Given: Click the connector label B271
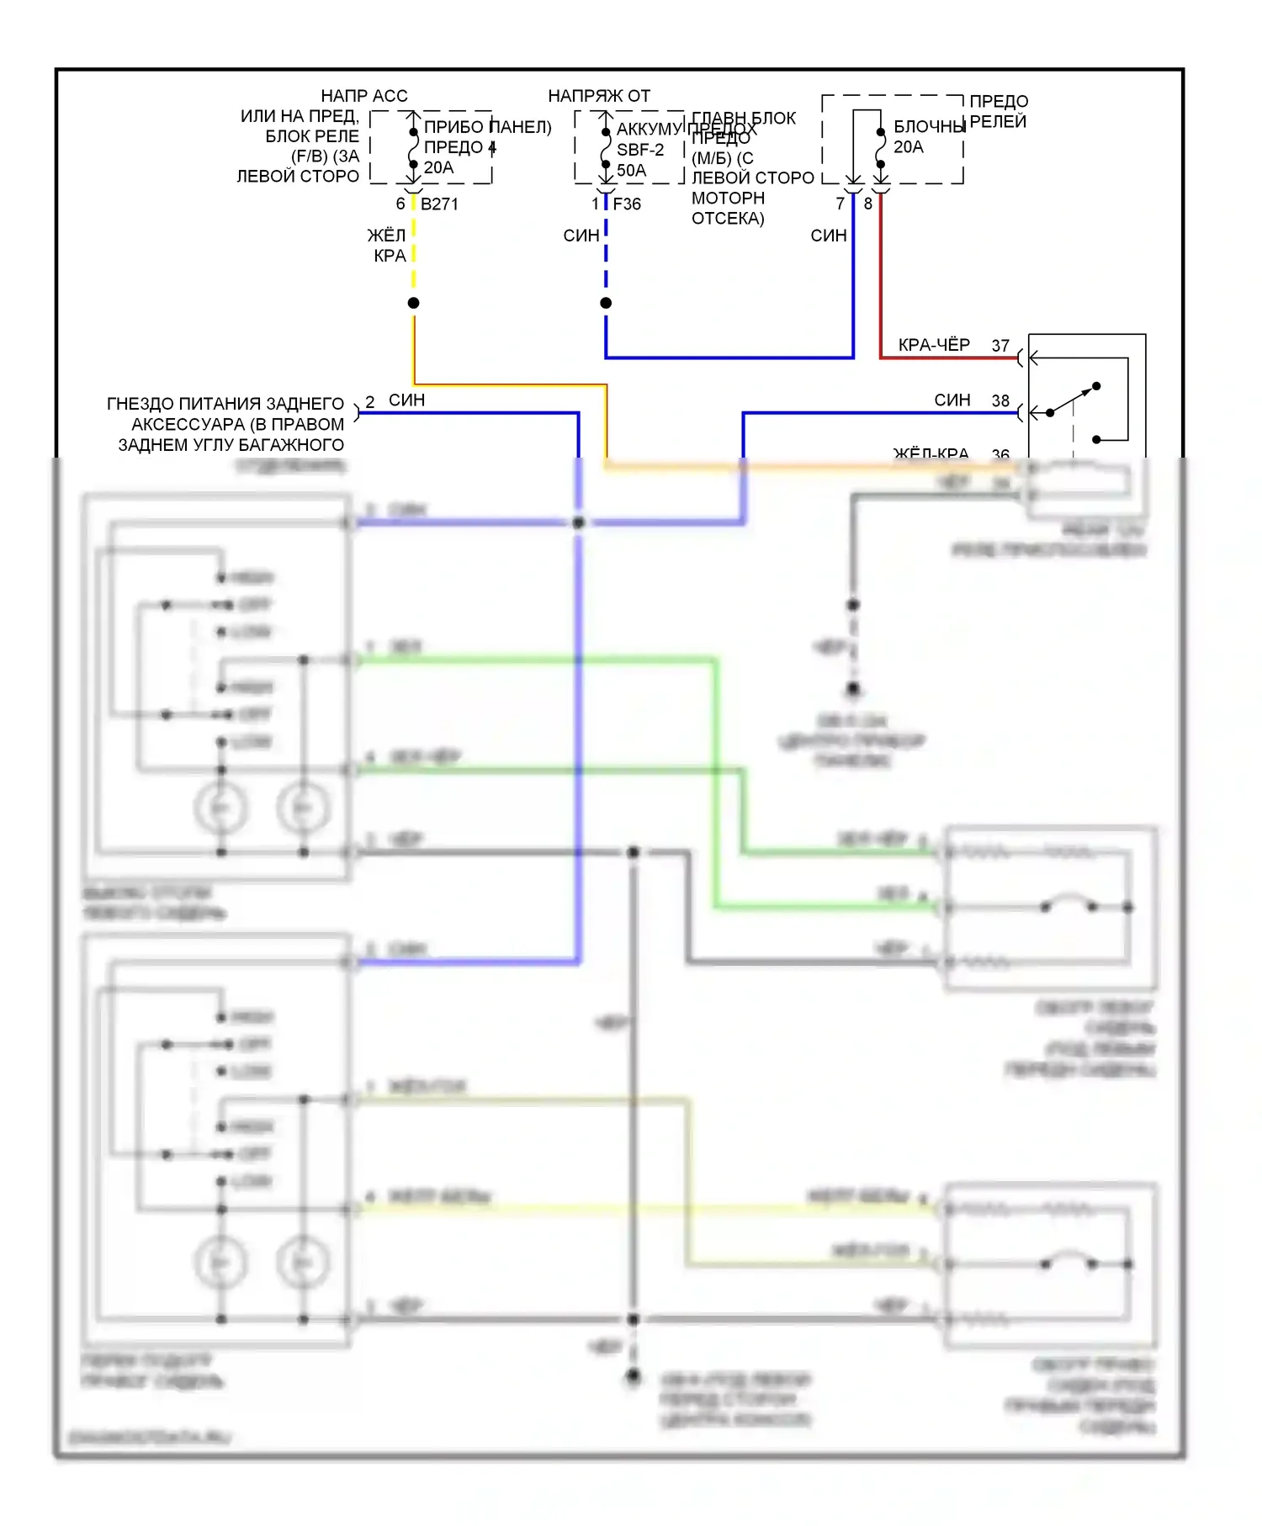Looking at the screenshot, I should click(x=439, y=204).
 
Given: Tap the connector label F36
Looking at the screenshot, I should click(x=627, y=204).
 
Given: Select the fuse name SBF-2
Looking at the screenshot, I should click(x=640, y=150).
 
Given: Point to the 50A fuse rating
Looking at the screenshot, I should click(x=631, y=170).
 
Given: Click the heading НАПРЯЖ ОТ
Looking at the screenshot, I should click(x=599, y=96).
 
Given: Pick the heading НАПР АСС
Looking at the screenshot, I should click(x=364, y=96).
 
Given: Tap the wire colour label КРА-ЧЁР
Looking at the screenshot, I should click(x=934, y=345).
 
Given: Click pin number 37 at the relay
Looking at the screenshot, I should click(x=1000, y=346).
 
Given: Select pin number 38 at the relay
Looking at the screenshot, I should click(x=1000, y=401).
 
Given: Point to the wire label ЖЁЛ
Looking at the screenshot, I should click(x=386, y=236).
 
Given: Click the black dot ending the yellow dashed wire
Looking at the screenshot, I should click(x=413, y=303).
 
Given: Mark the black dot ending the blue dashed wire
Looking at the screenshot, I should click(x=606, y=303).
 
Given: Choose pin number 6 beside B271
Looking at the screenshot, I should click(x=400, y=204).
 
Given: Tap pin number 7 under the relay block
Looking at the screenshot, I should click(x=840, y=204).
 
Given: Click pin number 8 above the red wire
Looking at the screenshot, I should click(x=868, y=204).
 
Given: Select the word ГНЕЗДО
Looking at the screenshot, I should click(x=140, y=404).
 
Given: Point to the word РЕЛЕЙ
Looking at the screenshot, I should click(x=998, y=122).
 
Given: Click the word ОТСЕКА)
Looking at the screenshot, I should click(x=728, y=219).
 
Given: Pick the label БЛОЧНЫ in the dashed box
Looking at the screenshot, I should click(x=929, y=127).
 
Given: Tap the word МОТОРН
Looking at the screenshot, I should click(x=728, y=199).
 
